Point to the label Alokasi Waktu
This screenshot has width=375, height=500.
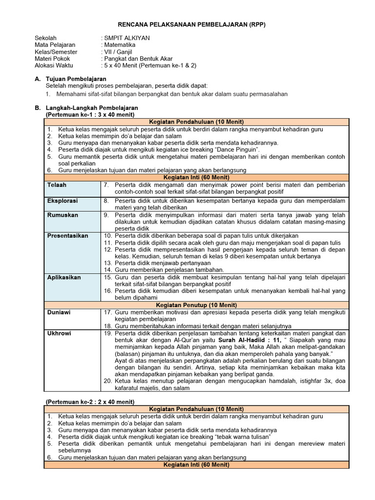[x=54, y=65]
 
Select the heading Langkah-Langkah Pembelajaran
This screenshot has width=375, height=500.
[x=91, y=107]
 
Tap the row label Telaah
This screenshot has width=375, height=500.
[x=57, y=185]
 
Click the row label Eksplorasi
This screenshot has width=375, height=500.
[x=62, y=201]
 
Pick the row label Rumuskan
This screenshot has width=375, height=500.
[x=61, y=215]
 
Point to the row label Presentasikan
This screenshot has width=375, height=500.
[x=67, y=236]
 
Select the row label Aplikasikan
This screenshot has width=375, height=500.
[x=64, y=277]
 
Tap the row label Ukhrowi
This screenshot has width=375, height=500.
[x=59, y=333]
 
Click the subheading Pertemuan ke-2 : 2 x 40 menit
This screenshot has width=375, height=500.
[x=90, y=401]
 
